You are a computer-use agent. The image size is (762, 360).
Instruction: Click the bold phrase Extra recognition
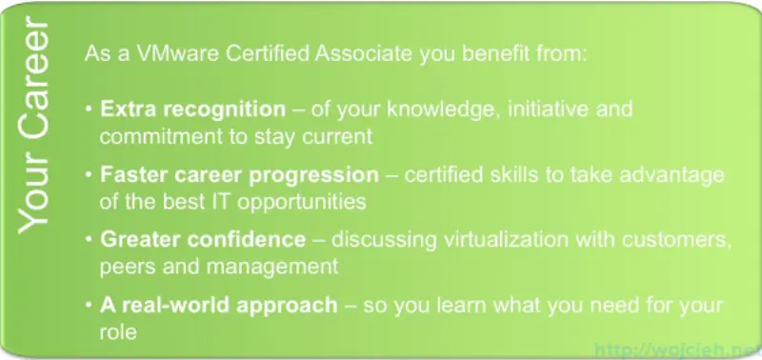pos(192,109)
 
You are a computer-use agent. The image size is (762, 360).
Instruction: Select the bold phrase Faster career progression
pos(239,175)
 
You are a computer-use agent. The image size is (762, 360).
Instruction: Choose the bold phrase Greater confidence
pos(203,238)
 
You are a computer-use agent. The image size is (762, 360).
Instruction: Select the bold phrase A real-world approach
pos(219,306)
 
